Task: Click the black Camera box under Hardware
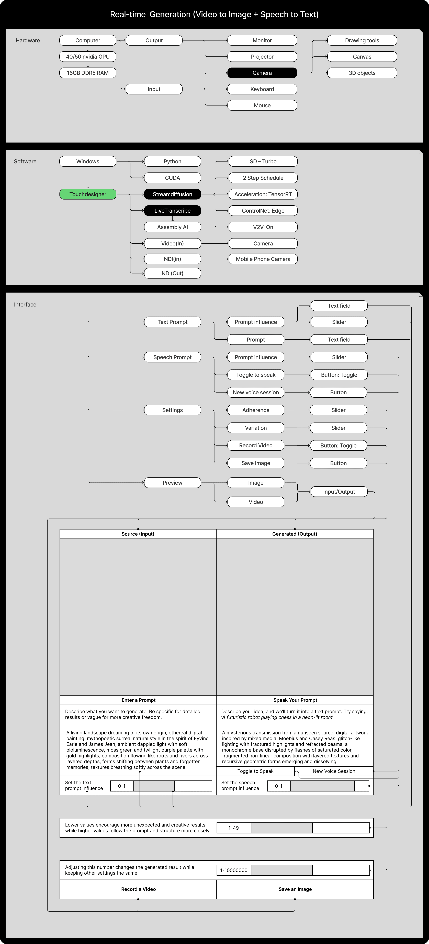pyautogui.click(x=262, y=73)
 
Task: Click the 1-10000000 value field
pyautogui.click(x=234, y=870)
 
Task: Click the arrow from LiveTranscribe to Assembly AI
pyautogui.click(x=173, y=219)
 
